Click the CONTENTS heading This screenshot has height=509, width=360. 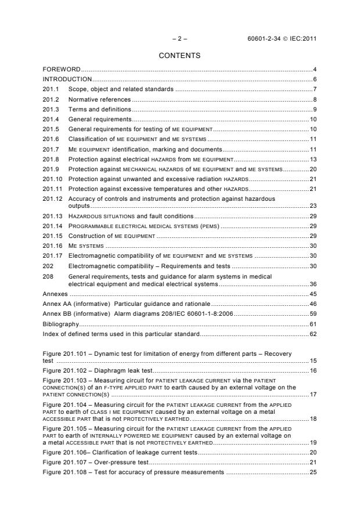click(179, 56)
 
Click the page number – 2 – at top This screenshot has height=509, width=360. click(179, 39)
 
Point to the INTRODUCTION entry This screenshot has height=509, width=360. click(67, 79)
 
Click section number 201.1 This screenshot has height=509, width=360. click(51, 89)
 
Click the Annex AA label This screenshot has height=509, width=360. click(56, 304)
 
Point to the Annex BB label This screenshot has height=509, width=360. click(56, 313)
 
